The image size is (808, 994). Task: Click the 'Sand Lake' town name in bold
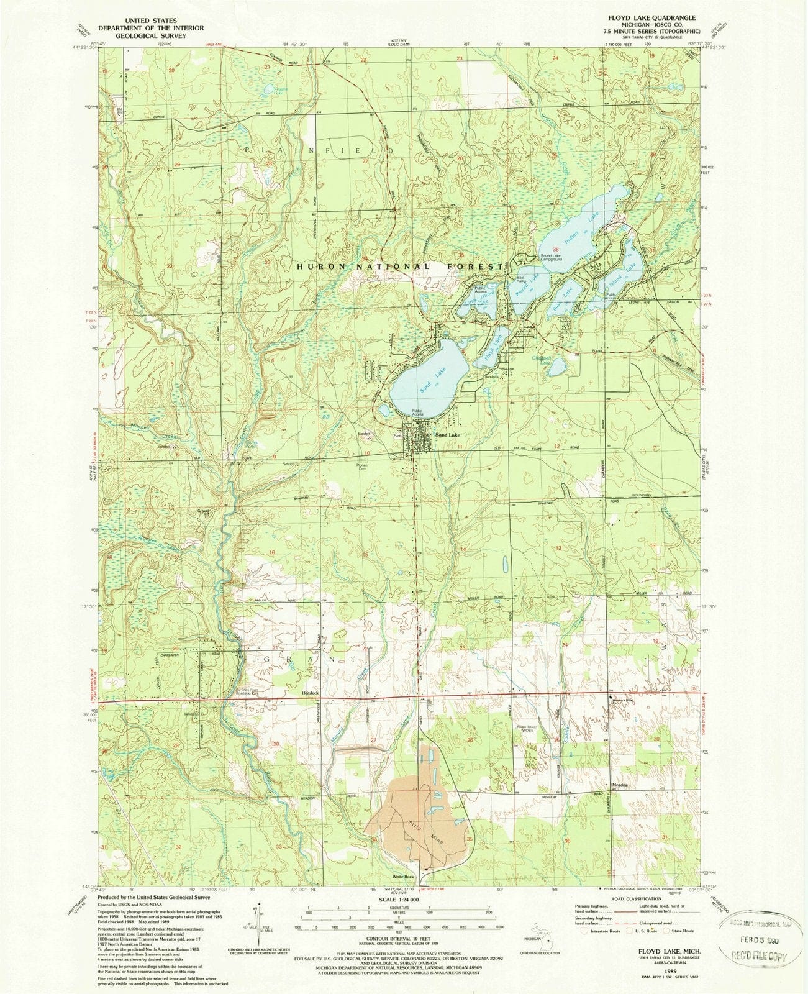(448, 437)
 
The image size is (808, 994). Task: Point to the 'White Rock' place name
(402, 876)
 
